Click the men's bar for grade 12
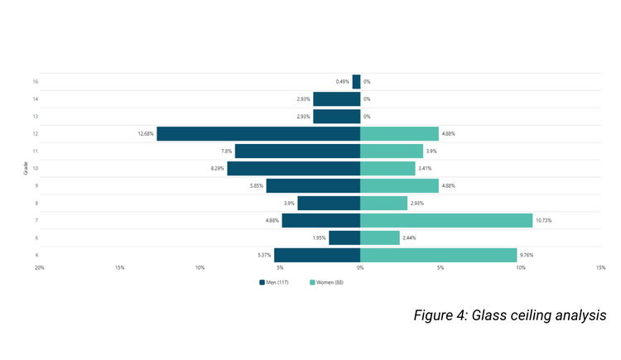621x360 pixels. [258, 133]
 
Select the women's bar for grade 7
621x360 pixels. [446, 220]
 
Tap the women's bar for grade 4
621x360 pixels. [439, 255]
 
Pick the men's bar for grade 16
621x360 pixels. [357, 82]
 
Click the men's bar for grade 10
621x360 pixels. [294, 168]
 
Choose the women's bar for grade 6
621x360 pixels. [380, 238]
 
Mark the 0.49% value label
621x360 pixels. [343, 82]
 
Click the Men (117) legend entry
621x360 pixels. [274, 282]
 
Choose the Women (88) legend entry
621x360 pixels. [326, 282]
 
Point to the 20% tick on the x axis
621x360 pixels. [39, 267]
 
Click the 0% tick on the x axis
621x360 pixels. [360, 267]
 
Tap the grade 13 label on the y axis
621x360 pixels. [36, 116]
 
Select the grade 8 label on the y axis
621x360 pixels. [36, 203]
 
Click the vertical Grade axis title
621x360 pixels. [26, 169]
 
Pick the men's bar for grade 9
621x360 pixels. [313, 185]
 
